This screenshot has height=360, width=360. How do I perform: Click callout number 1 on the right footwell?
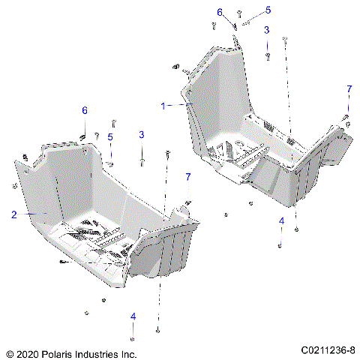click(x=163, y=106)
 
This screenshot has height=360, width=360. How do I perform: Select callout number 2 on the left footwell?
click(x=13, y=214)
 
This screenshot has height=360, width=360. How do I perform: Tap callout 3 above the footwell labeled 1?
click(x=266, y=30)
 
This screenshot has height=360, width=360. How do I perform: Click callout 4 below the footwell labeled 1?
click(x=281, y=220)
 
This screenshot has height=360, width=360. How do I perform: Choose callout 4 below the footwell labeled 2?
click(x=133, y=316)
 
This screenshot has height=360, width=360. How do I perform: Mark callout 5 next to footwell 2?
click(x=109, y=136)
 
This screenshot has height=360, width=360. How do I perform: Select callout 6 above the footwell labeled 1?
click(x=220, y=12)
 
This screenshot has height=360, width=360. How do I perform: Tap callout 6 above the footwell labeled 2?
click(x=85, y=110)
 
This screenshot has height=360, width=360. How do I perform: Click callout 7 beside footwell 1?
click(x=348, y=89)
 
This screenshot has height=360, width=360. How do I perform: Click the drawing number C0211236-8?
click(x=328, y=351)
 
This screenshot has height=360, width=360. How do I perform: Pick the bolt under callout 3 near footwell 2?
click(x=142, y=160)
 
